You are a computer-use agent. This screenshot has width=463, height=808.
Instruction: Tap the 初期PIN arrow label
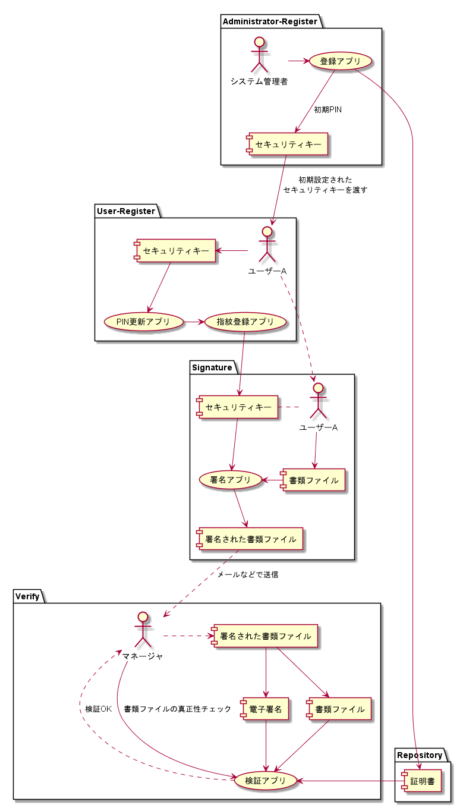[327, 110]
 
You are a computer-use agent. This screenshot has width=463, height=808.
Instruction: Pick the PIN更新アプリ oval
[143, 322]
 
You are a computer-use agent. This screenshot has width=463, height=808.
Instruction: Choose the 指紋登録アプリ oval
[245, 322]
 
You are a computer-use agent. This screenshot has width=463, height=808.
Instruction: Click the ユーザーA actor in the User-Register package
[267, 244]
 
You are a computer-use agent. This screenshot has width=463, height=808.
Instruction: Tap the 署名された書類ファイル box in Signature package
[250, 539]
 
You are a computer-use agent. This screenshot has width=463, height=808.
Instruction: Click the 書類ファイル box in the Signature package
[313, 480]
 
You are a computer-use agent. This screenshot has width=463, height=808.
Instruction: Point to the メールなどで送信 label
[247, 575]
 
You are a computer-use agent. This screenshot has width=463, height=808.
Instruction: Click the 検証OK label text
[98, 709]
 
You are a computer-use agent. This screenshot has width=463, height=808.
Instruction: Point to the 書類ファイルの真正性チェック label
[177, 709]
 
